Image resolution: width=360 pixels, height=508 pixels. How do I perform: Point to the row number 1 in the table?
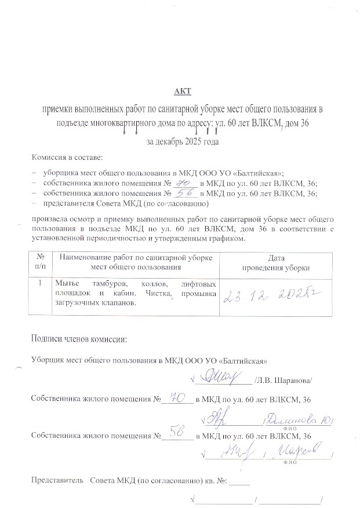tap(39, 284)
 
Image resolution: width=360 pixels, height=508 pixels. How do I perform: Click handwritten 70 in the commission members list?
tap(181, 181)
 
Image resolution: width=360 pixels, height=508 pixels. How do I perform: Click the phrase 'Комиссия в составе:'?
tap(67, 157)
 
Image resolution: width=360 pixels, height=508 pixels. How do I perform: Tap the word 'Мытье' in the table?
tap(67, 284)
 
